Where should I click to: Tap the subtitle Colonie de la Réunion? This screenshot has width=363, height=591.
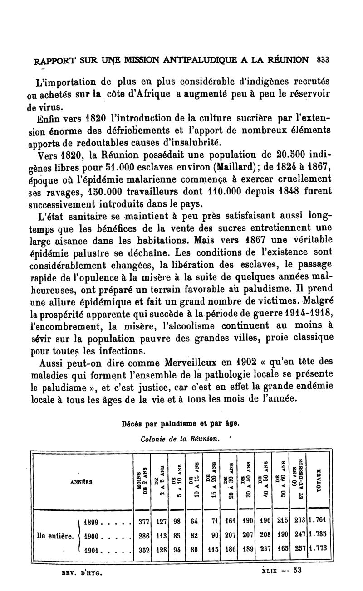(x=181, y=438)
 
